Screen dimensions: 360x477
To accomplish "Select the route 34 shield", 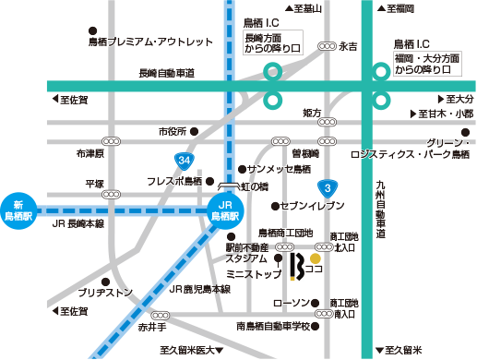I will [186, 161].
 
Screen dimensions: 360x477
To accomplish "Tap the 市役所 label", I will [172, 131].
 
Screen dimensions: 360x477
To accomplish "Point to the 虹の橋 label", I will [255, 186].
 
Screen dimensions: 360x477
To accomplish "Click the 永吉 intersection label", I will [348, 45].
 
